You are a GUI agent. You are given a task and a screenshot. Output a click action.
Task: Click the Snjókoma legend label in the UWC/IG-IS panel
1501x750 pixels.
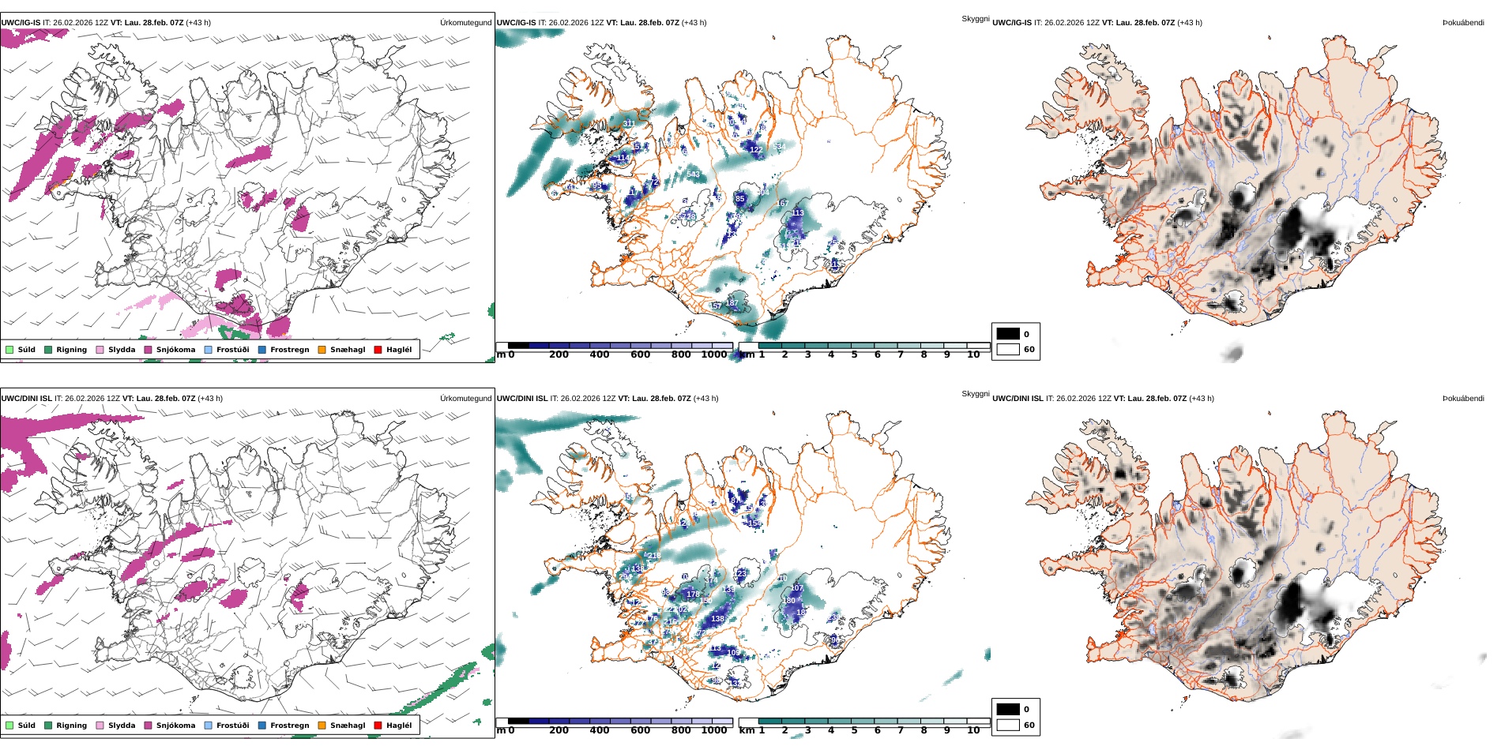175,350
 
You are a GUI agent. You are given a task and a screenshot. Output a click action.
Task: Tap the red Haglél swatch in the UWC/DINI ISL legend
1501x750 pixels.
378,726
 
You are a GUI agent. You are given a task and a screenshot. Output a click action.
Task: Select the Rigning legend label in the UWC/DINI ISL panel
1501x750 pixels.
71,726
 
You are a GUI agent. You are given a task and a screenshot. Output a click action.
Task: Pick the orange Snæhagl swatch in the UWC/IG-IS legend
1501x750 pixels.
322,350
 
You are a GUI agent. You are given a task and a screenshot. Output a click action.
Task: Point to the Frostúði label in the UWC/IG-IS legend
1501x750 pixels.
232,350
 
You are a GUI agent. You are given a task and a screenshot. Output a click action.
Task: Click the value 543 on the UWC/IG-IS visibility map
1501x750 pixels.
693,174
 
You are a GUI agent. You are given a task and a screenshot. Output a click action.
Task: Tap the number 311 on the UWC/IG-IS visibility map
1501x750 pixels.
629,124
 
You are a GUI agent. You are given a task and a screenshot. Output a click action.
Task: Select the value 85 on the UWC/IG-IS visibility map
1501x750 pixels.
740,199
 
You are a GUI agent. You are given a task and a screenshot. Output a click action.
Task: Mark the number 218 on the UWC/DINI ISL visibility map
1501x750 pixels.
654,556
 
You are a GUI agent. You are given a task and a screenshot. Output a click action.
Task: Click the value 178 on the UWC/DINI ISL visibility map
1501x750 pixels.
693,594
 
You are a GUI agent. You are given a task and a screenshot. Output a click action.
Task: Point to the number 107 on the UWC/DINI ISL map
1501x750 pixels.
796,588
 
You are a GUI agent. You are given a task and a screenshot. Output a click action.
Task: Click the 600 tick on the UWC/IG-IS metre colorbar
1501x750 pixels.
640,354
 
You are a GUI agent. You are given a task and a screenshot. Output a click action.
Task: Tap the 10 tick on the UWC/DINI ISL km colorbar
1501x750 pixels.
973,730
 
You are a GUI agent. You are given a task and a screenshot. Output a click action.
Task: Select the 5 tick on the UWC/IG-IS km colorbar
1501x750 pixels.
854,354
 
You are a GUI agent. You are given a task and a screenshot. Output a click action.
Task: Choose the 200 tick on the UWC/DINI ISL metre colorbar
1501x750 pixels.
559,730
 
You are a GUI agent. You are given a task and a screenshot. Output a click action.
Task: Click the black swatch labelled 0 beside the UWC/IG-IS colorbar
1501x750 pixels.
1008,334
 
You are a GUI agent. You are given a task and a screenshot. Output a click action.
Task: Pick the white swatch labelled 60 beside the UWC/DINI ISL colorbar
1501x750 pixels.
1008,725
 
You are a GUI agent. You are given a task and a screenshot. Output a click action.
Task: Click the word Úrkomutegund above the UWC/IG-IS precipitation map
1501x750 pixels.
465,23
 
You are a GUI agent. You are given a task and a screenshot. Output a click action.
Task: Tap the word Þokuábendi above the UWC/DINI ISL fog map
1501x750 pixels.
1463,399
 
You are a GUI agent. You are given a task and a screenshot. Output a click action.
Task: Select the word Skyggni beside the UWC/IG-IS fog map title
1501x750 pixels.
975,19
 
